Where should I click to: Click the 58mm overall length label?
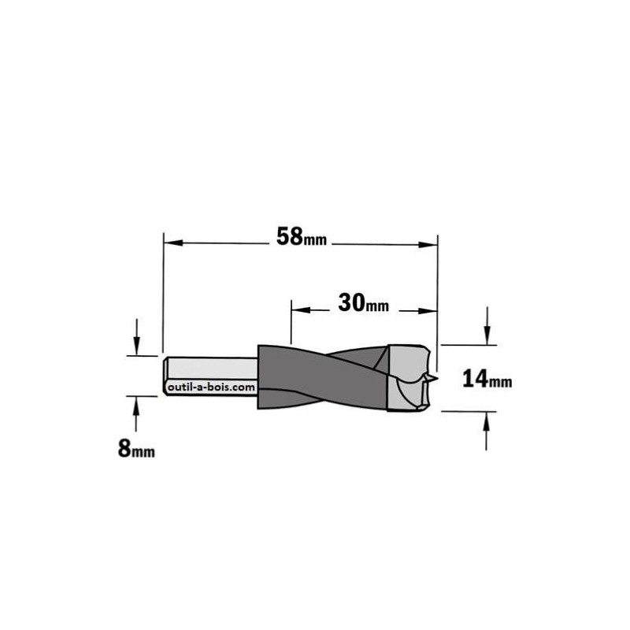[x=302, y=237]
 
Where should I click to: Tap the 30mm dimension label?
[x=363, y=303]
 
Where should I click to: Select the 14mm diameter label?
[x=487, y=379]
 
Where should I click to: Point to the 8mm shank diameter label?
[x=136, y=448]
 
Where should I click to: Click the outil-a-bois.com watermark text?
[x=211, y=387]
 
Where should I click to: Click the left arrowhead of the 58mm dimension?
[x=173, y=243]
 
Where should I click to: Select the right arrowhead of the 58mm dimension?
[x=428, y=245]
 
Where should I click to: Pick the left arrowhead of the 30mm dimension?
[x=301, y=309]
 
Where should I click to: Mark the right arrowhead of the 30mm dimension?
[x=428, y=310]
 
